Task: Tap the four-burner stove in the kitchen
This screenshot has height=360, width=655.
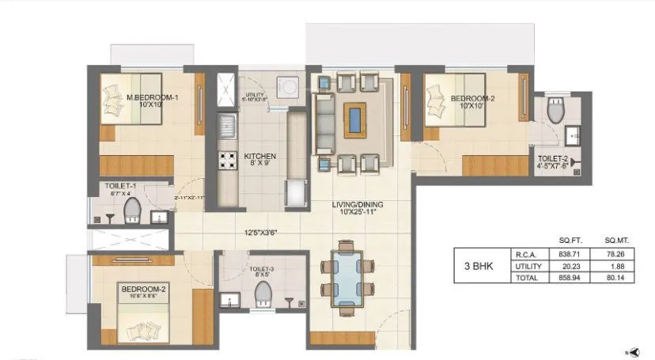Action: coord(228,160)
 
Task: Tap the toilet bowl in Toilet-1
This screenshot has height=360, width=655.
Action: coord(132,210)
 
